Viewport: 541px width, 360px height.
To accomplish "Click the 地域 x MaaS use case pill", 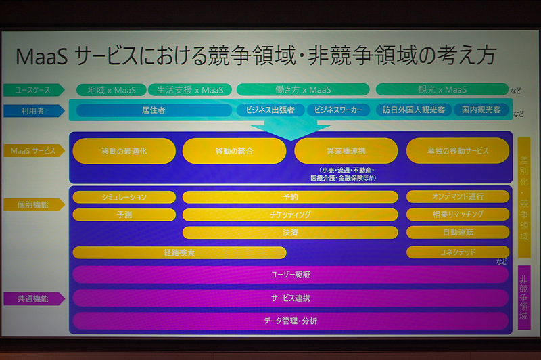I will point(107,90).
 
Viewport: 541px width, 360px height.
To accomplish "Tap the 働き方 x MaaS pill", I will point(302,89).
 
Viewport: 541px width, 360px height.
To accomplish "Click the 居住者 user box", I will point(154,110).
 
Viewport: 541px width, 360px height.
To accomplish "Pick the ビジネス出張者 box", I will point(268,110).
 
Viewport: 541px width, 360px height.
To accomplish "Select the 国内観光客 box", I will point(481,110).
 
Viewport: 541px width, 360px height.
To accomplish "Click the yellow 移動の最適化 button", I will point(124,152).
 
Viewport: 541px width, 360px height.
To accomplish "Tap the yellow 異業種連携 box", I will point(346,151).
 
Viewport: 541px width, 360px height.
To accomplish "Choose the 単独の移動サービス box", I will point(457,151).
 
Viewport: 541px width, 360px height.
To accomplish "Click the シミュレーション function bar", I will point(124,197).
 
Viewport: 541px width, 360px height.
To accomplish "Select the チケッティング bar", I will point(290,215).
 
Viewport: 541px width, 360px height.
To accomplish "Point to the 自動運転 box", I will point(457,232).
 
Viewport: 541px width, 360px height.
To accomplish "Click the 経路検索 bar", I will point(179,252).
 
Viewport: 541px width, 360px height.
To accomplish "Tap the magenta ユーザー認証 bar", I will point(290,275).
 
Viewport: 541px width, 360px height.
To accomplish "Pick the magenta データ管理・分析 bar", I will point(290,320).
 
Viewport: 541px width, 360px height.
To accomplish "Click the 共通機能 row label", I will point(33,298).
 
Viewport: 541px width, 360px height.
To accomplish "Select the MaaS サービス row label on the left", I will point(33,151).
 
